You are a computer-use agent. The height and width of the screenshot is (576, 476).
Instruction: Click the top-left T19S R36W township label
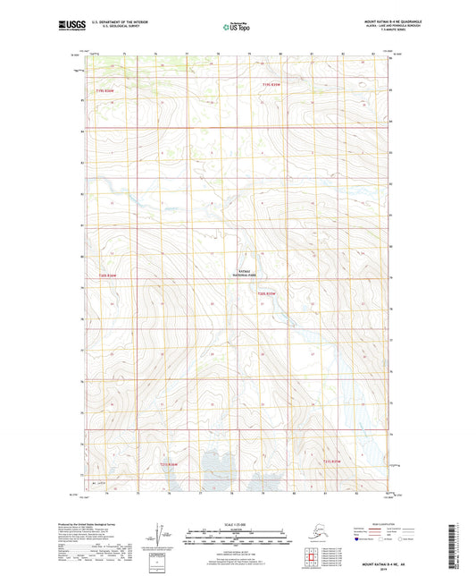(105, 89)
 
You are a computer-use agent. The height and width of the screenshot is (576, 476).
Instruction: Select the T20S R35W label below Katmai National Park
(269, 292)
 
